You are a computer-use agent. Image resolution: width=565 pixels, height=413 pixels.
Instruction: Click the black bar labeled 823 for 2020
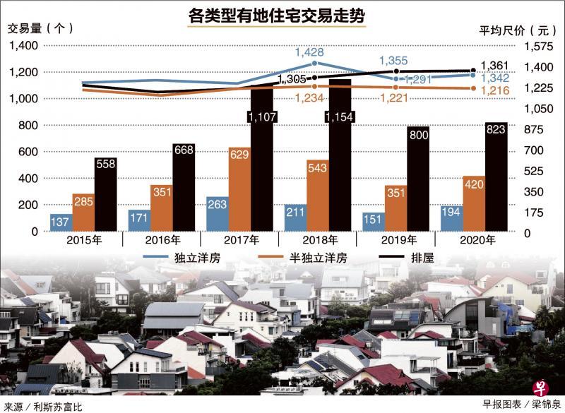click(x=495, y=176)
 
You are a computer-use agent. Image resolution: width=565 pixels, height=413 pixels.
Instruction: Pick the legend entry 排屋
click(x=422, y=258)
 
